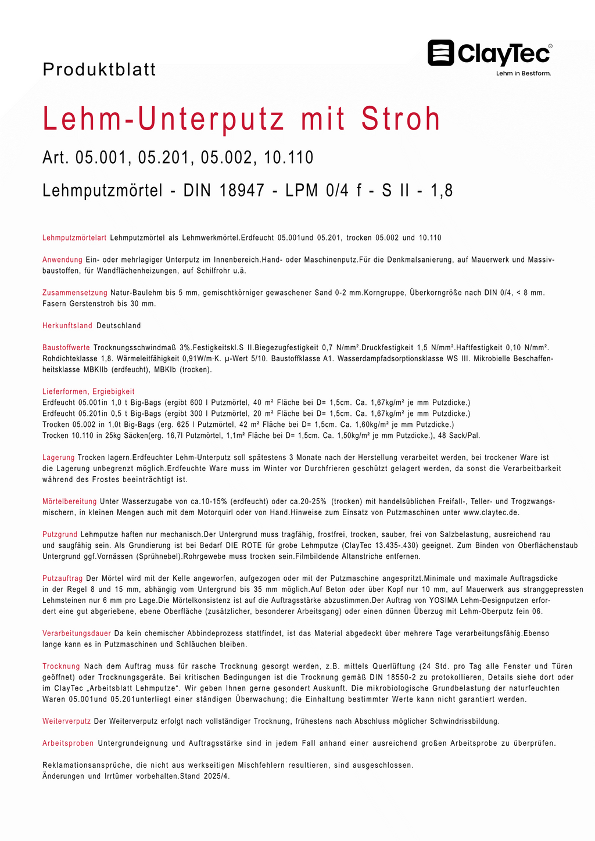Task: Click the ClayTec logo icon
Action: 441,53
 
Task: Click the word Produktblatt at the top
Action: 99,70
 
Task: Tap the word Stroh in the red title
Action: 401,119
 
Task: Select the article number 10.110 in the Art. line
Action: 289,157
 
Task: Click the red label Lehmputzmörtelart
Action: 74,238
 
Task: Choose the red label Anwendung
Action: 62,260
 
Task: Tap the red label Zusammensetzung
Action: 75,293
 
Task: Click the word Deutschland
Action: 119,326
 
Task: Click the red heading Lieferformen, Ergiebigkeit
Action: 88,392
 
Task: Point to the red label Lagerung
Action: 58,458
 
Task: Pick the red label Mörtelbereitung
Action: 70,501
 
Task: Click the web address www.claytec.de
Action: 490,512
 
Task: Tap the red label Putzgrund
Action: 60,534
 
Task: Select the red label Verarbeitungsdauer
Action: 77,633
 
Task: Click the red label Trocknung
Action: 61,666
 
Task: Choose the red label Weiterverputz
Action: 67,721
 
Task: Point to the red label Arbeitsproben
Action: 68,743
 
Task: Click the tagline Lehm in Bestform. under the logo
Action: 523,74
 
